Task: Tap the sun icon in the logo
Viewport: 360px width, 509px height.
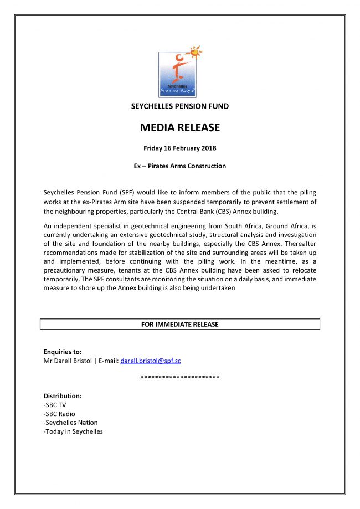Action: [194, 53]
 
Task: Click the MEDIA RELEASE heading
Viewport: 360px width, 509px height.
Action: [180, 128]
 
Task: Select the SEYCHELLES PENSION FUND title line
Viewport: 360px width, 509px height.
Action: [180, 106]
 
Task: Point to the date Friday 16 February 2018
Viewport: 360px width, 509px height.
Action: [180, 148]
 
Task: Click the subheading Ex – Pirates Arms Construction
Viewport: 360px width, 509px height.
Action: [180, 166]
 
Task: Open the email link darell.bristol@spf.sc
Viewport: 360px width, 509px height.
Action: [151, 361]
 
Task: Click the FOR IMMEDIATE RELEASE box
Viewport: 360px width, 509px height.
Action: [180, 324]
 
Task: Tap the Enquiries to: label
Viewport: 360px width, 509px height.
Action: [63, 352]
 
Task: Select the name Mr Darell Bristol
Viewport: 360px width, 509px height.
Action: [68, 361]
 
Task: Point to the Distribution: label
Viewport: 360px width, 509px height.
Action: [63, 396]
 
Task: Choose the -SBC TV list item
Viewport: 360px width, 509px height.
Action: [55, 405]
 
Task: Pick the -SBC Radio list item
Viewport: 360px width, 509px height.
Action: [59, 414]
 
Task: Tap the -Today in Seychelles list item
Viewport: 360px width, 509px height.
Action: [73, 431]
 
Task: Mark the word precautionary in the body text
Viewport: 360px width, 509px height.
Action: [67, 271]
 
